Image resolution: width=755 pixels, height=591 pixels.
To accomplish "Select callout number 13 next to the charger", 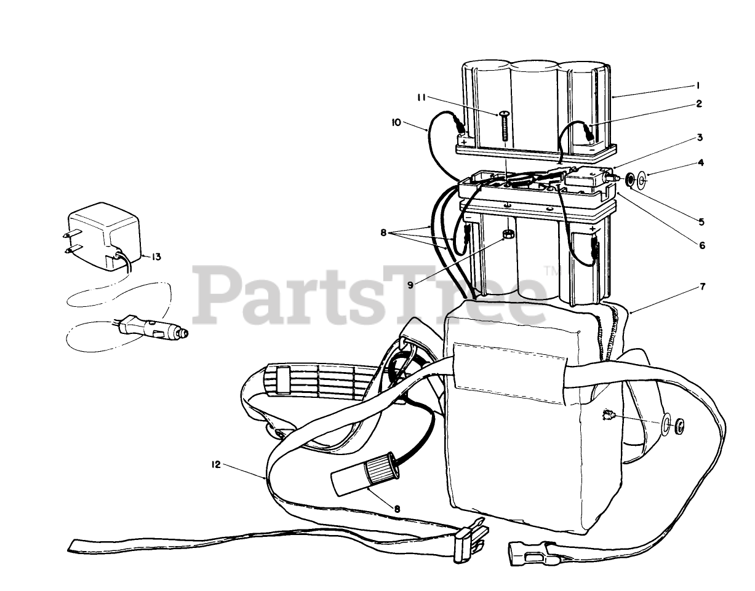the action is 156,256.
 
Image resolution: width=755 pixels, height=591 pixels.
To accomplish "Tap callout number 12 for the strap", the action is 215,466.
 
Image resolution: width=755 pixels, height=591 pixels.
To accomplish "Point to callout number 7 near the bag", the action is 702,287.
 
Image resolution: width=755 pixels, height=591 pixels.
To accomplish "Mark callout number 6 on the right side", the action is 701,245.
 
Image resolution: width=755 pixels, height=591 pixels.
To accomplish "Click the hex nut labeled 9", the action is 508,235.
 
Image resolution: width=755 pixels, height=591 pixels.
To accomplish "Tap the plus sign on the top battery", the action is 463,141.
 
